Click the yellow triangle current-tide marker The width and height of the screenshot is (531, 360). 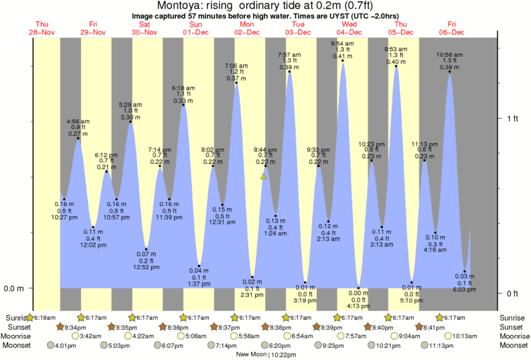[264, 177]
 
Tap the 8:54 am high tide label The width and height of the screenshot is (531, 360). [343, 43]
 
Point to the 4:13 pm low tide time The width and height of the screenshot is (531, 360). [358, 306]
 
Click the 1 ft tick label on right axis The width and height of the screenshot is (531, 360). [512, 118]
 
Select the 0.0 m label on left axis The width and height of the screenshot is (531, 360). [15, 289]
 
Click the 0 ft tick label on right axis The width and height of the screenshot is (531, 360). [512, 293]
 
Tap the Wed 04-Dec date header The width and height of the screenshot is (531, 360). [349, 28]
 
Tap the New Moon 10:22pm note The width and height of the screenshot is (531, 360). [267, 355]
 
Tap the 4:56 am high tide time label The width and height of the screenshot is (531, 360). [78, 121]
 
